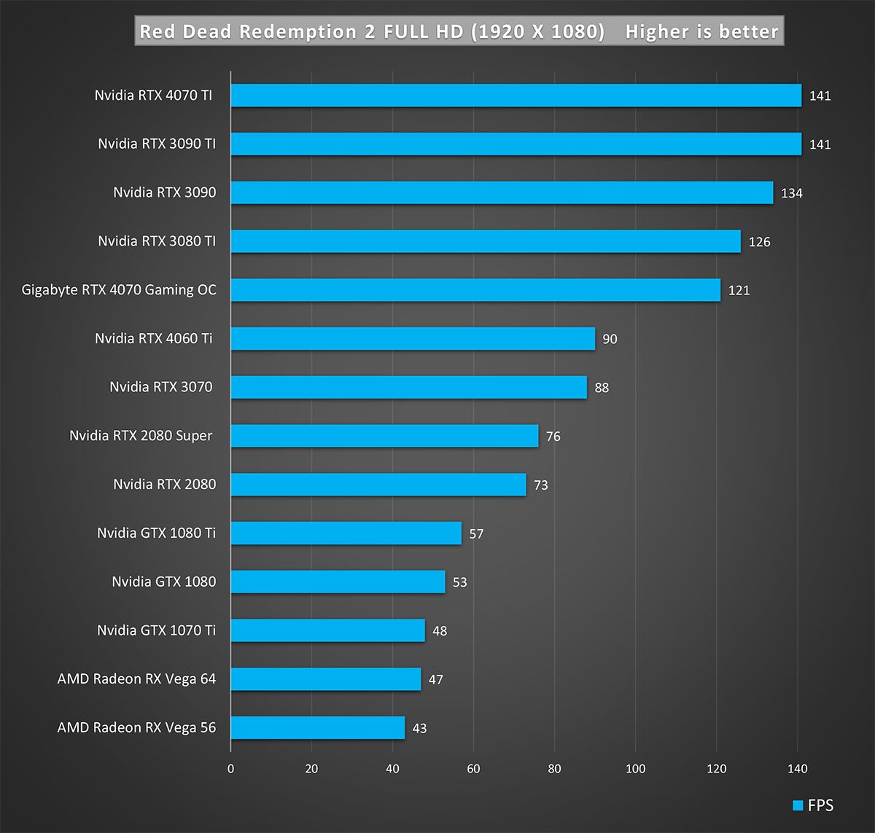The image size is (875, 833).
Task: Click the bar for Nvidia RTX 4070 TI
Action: click(516, 95)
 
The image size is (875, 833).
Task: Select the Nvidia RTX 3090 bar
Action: click(502, 192)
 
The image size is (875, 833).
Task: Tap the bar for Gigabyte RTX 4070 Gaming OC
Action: click(475, 290)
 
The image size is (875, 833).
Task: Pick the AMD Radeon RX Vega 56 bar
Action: click(317, 727)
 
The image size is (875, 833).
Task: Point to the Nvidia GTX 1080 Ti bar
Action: click(346, 533)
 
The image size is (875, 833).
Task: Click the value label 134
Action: click(792, 193)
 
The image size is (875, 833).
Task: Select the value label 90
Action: click(610, 339)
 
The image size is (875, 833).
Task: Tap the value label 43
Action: click(419, 728)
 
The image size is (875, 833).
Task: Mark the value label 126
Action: click(759, 242)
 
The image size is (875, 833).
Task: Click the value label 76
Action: click(553, 437)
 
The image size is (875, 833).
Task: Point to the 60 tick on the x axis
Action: click(473, 769)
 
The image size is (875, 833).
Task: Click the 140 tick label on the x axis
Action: click(797, 769)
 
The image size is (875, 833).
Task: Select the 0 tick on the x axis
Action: click(231, 769)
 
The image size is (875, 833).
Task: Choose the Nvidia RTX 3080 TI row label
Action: click(157, 241)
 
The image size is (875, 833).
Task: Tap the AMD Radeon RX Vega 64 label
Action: click(136, 678)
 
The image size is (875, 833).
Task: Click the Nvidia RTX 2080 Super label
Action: click(141, 436)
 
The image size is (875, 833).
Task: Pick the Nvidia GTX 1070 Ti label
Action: click(156, 630)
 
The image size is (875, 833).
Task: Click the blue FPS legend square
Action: click(798, 805)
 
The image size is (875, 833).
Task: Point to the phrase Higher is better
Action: click(701, 32)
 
